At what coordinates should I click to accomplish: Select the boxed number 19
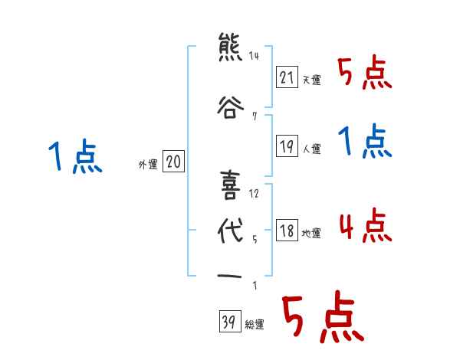[x=287, y=146]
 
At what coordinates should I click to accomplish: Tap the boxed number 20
[x=174, y=162]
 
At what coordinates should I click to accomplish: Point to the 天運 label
[x=311, y=80]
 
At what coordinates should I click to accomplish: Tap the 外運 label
[x=147, y=164]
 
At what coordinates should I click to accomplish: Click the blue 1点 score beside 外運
[x=74, y=157]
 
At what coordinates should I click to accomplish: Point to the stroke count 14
[x=254, y=56]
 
